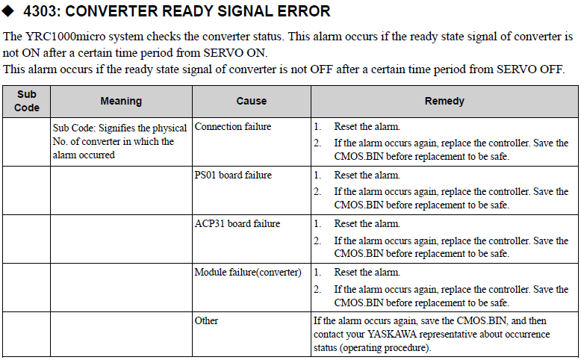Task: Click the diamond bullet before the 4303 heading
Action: point(7,10)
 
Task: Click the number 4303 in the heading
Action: point(40,11)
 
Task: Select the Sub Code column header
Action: point(27,101)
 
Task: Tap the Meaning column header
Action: point(121,102)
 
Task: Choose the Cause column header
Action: point(252,102)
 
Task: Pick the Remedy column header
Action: point(444,102)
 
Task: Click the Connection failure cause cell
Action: point(233,127)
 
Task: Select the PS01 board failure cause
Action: point(233,176)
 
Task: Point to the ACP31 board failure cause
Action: point(237,224)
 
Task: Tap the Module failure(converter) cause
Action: point(248,273)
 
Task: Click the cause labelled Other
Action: point(206,320)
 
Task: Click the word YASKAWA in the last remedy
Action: point(391,335)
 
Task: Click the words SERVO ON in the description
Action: point(234,53)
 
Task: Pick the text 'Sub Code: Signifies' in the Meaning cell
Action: point(94,128)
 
